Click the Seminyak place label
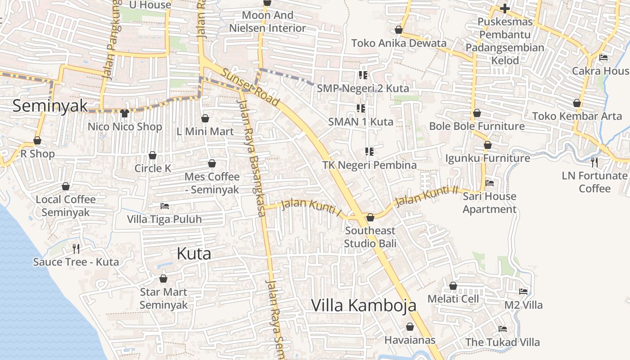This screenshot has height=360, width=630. pos(50,106)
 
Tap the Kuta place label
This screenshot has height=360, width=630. pos(194,253)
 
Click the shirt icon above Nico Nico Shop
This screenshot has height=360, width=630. pos(125,113)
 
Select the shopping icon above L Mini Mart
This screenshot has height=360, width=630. pos(205,118)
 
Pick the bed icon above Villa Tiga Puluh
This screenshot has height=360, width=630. pos(165,206)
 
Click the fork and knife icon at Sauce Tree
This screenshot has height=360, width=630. pos(76,248)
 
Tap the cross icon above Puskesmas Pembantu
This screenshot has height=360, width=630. pos(505,9)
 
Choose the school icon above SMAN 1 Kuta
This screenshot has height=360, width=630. pos(360,108)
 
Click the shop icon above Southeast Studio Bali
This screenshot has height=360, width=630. pos(370,218)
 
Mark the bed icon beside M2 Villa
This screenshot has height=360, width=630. pos(523,292)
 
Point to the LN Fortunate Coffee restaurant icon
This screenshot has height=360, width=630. pos(594,162)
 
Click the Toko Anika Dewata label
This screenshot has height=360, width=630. pos(399,43)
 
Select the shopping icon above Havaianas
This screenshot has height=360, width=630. pos(410,327)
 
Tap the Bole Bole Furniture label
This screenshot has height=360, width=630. pos(477,126)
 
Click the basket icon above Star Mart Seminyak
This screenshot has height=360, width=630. pos(163,279)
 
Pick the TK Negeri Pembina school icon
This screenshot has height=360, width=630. pos(369,152)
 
